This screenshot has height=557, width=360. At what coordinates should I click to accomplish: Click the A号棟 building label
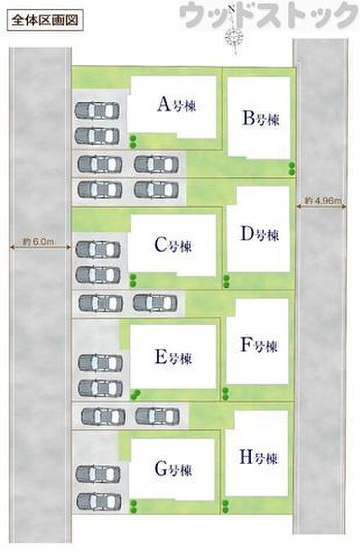coord(177,104)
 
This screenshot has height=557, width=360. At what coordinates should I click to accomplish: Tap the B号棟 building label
coord(261,118)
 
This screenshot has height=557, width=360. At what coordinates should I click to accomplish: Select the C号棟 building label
coord(173,245)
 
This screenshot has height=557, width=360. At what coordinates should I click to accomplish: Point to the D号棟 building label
coord(260,234)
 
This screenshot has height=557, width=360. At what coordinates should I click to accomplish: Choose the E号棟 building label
coord(173,357)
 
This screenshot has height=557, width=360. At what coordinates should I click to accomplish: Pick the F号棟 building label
coord(259,345)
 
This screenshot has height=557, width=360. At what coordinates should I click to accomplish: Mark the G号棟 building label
coord(173,469)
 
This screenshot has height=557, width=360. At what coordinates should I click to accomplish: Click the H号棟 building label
coord(258,457)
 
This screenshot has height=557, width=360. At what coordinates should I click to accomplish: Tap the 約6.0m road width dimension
coord(39,243)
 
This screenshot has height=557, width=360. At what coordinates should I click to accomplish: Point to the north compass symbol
coord(234,32)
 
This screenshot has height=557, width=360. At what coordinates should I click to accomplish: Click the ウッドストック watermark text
coord(269,15)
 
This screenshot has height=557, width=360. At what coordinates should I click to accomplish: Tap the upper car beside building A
coord(97,111)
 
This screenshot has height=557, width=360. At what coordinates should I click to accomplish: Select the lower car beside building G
coord(99,502)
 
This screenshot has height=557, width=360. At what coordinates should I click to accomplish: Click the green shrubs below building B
coord(292,169)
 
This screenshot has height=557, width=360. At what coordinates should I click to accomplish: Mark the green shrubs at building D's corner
coord(226,281)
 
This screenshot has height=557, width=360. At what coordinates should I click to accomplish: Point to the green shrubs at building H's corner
coord(225,506)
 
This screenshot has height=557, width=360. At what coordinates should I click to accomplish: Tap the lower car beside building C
coord(98,275)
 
